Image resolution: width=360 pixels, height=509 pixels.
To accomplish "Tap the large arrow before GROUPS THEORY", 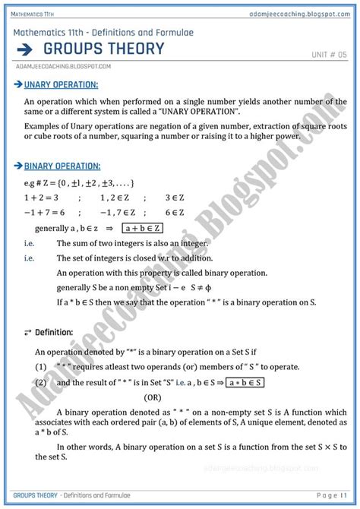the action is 26,49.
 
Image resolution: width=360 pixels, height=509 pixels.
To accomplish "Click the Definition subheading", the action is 52,332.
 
